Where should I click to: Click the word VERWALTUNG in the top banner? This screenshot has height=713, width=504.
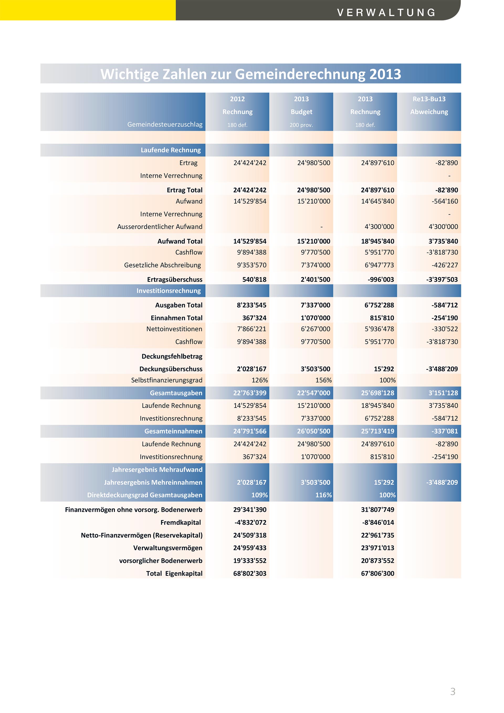pyautogui.click(x=386, y=12)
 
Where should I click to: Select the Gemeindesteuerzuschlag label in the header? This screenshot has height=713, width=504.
pyautogui.click(x=165, y=124)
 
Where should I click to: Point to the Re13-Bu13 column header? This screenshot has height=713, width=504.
pyautogui.click(x=429, y=99)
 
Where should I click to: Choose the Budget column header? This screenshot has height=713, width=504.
pyautogui.click(x=301, y=112)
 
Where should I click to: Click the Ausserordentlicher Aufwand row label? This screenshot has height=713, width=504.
pyautogui.click(x=160, y=227)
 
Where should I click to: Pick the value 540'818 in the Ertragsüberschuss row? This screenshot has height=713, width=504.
pyautogui.click(x=254, y=279)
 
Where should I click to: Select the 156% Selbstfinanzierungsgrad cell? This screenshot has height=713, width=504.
pyautogui.click(x=323, y=380)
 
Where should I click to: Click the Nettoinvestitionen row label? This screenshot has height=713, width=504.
pyautogui.click(x=174, y=329)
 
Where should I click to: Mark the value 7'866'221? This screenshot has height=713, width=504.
pyautogui.click(x=251, y=329)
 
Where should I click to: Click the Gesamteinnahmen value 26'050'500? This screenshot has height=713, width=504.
pyautogui.click(x=313, y=431)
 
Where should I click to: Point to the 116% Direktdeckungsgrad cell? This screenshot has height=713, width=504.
pyautogui.click(x=323, y=495)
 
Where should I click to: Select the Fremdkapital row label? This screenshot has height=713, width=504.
pyautogui.click(x=181, y=522)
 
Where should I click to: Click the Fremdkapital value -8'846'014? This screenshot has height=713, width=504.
pyautogui.click(x=378, y=522)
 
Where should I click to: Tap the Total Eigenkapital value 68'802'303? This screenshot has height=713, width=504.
pyautogui.click(x=250, y=573)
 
